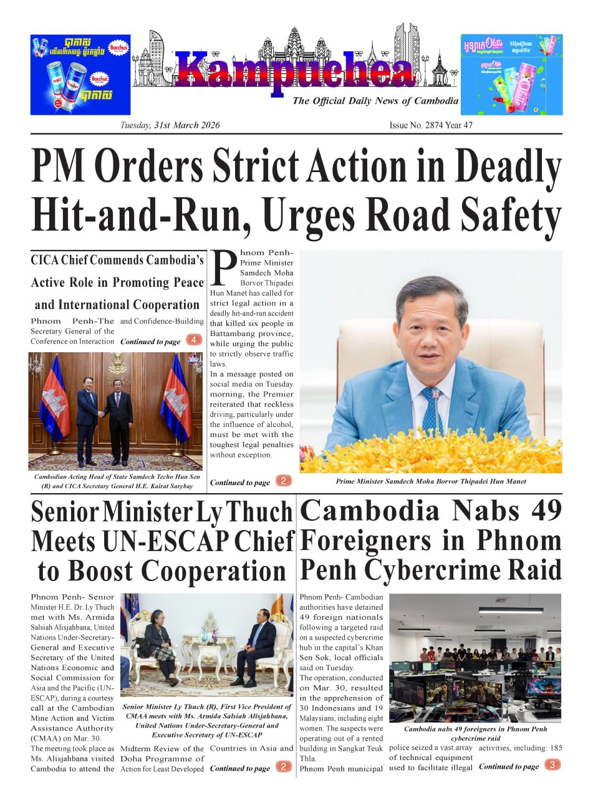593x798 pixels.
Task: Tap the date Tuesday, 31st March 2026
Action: click(x=170, y=125)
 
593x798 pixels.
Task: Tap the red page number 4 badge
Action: click(x=195, y=340)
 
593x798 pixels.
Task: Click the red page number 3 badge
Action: click(x=553, y=765)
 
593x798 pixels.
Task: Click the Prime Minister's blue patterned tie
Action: click(x=431, y=411)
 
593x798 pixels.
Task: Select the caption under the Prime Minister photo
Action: click(x=430, y=481)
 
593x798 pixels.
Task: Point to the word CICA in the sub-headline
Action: click(x=45, y=260)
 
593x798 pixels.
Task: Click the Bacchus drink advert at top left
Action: click(x=80, y=75)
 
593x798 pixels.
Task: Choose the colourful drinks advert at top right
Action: click(x=511, y=75)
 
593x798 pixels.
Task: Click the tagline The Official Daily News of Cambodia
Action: click(x=375, y=101)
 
